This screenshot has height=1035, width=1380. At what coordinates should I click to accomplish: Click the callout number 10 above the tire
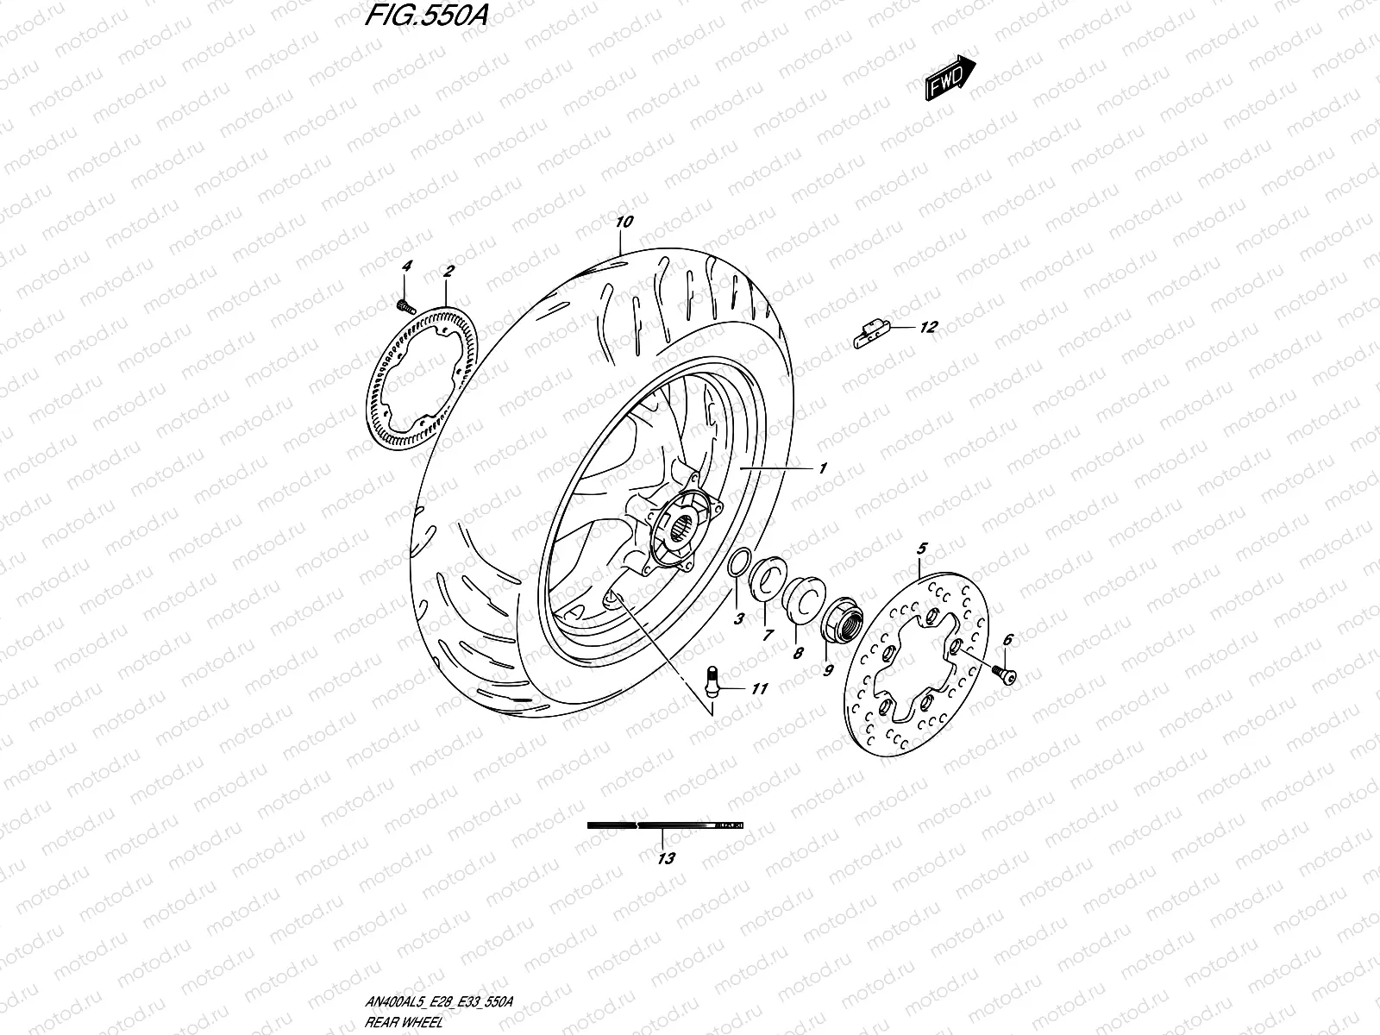pos(624,222)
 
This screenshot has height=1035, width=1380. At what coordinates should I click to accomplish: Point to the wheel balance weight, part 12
pos(870,333)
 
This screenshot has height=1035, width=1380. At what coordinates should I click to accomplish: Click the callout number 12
pos(927,327)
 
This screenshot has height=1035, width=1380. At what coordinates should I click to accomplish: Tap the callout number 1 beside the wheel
pos(823,468)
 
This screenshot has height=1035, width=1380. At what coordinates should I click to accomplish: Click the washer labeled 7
pos(765,577)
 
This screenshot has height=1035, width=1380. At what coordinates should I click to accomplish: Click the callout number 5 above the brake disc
pos(921,548)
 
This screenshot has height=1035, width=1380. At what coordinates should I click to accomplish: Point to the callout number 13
pos(666,858)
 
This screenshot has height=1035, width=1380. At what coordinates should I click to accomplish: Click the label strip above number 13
pos(664,825)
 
